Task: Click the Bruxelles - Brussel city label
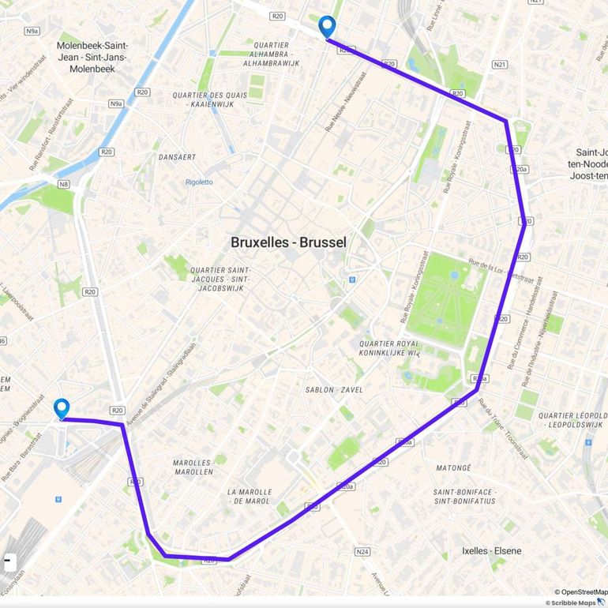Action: [x=288, y=242]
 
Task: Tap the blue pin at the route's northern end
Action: [x=327, y=27]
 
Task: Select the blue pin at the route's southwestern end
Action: [x=62, y=408]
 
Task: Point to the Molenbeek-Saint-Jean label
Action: [x=92, y=57]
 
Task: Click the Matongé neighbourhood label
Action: [x=452, y=467]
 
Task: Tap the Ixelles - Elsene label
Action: [x=491, y=551]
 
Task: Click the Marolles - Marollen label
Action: [x=193, y=467]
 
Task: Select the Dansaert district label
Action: [x=177, y=157]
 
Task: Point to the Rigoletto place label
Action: [x=199, y=182]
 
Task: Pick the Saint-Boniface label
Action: [x=464, y=496]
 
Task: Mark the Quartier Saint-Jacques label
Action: [x=221, y=279]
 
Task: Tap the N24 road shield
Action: [x=362, y=552]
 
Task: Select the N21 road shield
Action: [x=499, y=64]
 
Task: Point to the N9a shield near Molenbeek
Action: [x=116, y=103]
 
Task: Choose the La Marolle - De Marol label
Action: [x=249, y=496]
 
